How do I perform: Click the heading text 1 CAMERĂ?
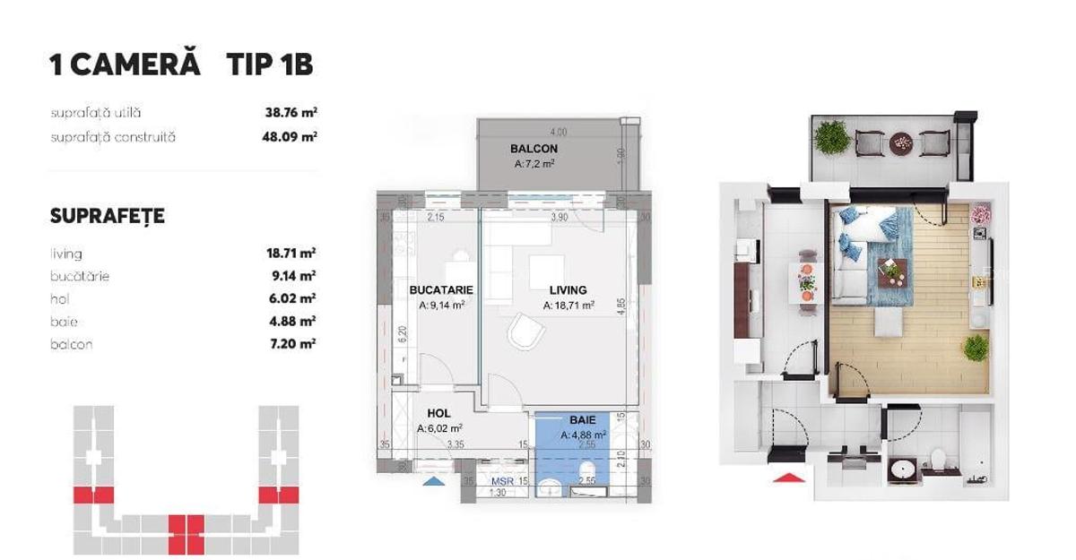click(x=125, y=65)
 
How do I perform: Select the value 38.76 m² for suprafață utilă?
click(x=285, y=113)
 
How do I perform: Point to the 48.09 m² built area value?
click(x=285, y=137)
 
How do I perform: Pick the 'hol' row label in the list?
click(x=60, y=299)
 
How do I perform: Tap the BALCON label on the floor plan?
click(x=534, y=149)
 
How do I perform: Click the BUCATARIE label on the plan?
click(x=440, y=290)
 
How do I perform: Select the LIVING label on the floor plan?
click(x=568, y=290)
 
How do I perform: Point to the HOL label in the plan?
click(x=438, y=414)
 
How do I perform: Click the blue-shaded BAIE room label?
click(x=582, y=419)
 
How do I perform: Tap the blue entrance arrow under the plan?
click(x=433, y=481)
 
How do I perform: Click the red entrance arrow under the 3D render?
click(x=786, y=478)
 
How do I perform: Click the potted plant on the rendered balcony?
click(x=832, y=137)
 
